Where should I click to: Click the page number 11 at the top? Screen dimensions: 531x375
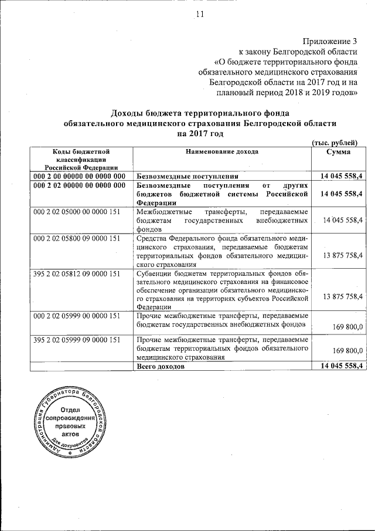(199, 16)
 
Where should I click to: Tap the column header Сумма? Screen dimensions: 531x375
(339, 152)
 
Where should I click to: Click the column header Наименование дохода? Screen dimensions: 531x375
(222, 152)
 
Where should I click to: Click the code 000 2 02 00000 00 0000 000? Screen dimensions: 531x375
(80, 185)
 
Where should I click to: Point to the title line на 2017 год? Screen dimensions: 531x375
(200, 133)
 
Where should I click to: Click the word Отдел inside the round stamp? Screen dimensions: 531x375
(69, 409)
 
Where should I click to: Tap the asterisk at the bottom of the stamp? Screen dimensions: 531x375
(69, 454)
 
